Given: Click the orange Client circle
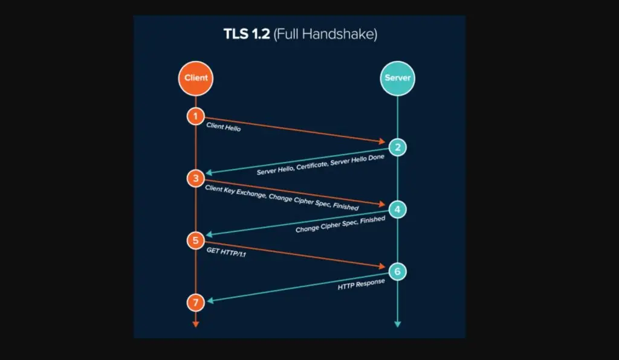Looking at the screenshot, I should (x=195, y=78).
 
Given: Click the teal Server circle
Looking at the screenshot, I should (x=398, y=79).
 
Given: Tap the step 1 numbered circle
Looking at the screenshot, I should (x=195, y=116).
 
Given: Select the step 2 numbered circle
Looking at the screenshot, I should (x=398, y=147).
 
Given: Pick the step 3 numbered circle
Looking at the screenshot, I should (x=195, y=178).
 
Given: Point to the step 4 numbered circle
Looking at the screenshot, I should (x=398, y=209).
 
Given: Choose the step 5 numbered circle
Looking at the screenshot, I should (x=195, y=240).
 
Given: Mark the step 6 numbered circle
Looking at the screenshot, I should (x=398, y=271).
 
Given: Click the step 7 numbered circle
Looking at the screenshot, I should (x=195, y=302).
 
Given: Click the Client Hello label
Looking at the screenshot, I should (x=223, y=127).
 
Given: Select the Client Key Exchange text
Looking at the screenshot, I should (x=234, y=193).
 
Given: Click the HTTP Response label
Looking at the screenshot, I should (x=361, y=284).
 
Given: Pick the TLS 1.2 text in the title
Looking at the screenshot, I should (x=247, y=34).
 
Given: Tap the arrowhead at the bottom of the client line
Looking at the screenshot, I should (x=195, y=324).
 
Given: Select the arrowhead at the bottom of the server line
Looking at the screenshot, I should (x=398, y=324).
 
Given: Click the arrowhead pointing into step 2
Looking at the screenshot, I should (x=382, y=142).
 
